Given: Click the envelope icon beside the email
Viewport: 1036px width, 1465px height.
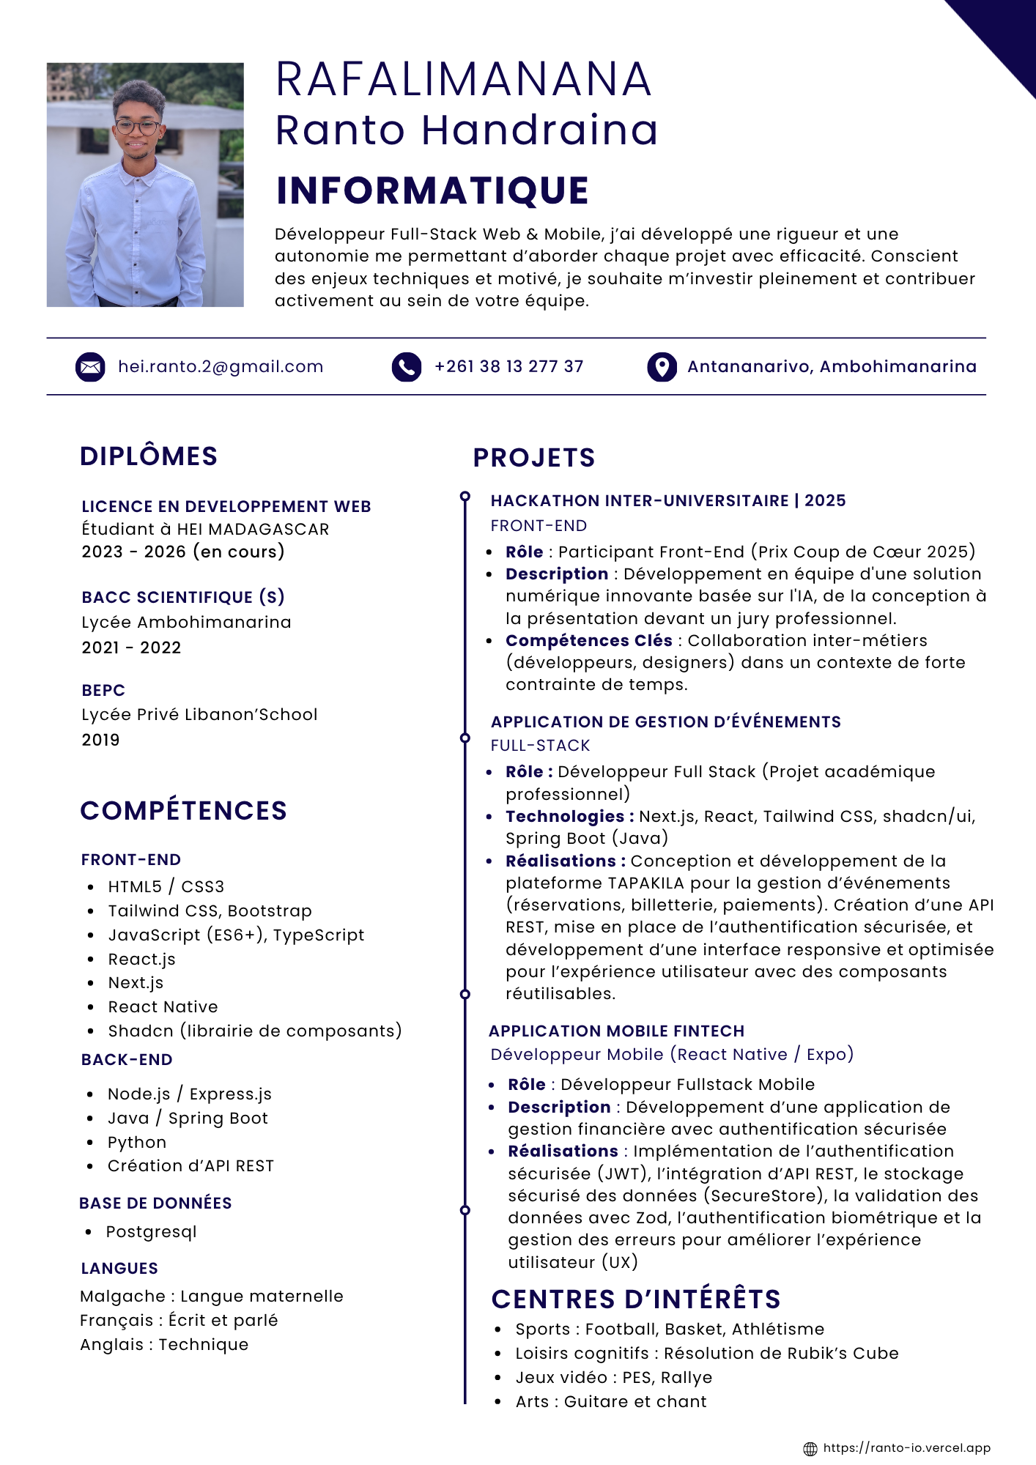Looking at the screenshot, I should point(90,367).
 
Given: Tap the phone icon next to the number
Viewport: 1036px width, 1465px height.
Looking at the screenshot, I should point(407,367).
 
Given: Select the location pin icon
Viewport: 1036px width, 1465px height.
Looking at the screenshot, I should point(662,367).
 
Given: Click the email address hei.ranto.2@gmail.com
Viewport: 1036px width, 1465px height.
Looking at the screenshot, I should point(221,367).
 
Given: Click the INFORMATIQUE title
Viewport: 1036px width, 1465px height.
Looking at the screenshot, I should point(432,190).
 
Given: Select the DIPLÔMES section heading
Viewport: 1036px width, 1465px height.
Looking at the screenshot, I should point(149,456).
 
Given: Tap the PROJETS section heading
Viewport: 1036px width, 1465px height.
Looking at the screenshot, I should point(534,458).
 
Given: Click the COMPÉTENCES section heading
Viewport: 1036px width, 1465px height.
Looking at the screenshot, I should point(183,811).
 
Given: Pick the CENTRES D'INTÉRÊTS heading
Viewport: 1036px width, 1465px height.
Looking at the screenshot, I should point(636,1299).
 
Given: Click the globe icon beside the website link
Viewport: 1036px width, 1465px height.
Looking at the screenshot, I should point(810,1449).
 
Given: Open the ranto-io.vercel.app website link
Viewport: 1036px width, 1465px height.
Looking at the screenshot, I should point(907,1448).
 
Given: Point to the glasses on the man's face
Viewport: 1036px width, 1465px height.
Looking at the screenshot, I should point(137,127).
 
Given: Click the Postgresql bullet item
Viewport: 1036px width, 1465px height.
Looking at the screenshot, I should point(152,1232).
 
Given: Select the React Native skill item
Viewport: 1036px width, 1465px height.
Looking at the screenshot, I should point(163,1007).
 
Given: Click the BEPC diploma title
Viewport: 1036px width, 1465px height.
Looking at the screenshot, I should point(103,691).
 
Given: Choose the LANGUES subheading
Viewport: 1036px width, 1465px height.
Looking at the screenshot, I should point(119,1269).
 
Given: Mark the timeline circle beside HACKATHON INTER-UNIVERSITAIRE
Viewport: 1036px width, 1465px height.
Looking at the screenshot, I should point(465,497).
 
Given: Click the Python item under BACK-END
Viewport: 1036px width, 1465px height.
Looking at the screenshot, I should point(137,1143).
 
